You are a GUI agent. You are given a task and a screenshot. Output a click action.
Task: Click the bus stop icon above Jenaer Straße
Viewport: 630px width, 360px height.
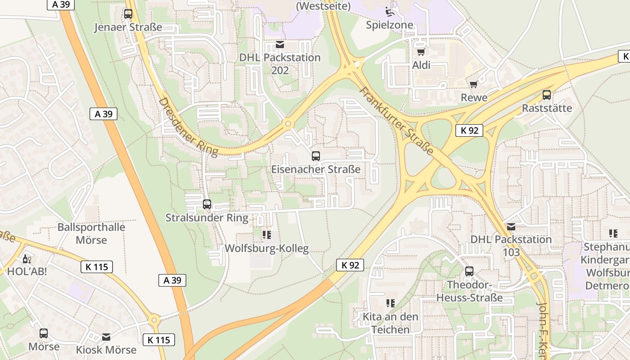pos(128,14)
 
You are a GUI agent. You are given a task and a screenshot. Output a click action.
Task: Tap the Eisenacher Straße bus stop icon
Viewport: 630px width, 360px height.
pos(316,156)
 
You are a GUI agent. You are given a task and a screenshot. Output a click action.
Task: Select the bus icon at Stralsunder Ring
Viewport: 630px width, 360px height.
pos(207,204)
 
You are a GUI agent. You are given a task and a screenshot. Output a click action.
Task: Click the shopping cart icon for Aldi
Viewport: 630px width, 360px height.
pos(421,52)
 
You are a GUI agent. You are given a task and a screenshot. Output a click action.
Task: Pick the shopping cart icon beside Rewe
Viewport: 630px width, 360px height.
pos(473,85)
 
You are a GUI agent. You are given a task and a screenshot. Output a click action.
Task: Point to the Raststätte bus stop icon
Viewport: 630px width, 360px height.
pos(547,95)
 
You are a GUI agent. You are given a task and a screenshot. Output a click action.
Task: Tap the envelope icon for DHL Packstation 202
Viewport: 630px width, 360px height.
pos(280,45)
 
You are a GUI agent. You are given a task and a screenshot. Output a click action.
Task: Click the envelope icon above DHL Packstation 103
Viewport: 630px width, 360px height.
pos(511,226)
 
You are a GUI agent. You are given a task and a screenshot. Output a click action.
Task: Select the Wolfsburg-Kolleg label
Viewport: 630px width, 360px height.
pos(266,248)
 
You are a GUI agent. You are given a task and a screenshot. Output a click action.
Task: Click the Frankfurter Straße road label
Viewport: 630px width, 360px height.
pos(396,120)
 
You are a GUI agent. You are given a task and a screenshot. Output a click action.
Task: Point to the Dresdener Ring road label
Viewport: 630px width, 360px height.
pos(188,127)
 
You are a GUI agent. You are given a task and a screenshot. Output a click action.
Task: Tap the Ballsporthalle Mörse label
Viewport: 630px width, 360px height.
pos(91,233)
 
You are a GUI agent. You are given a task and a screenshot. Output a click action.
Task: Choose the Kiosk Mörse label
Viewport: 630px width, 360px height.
pos(106,350)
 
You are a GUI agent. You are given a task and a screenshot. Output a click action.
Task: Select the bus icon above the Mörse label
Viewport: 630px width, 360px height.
pos(44,333)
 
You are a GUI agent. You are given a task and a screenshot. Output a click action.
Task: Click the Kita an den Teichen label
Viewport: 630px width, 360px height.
pos(391,323)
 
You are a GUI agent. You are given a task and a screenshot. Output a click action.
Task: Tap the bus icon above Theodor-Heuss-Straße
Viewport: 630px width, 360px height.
pos(469,271)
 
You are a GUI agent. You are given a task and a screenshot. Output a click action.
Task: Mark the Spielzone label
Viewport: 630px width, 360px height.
pos(389,25)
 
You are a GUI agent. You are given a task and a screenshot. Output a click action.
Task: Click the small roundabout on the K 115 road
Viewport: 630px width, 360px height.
pos(154,321)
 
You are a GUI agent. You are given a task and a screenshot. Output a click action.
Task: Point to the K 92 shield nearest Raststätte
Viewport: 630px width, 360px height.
pos(469,130)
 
